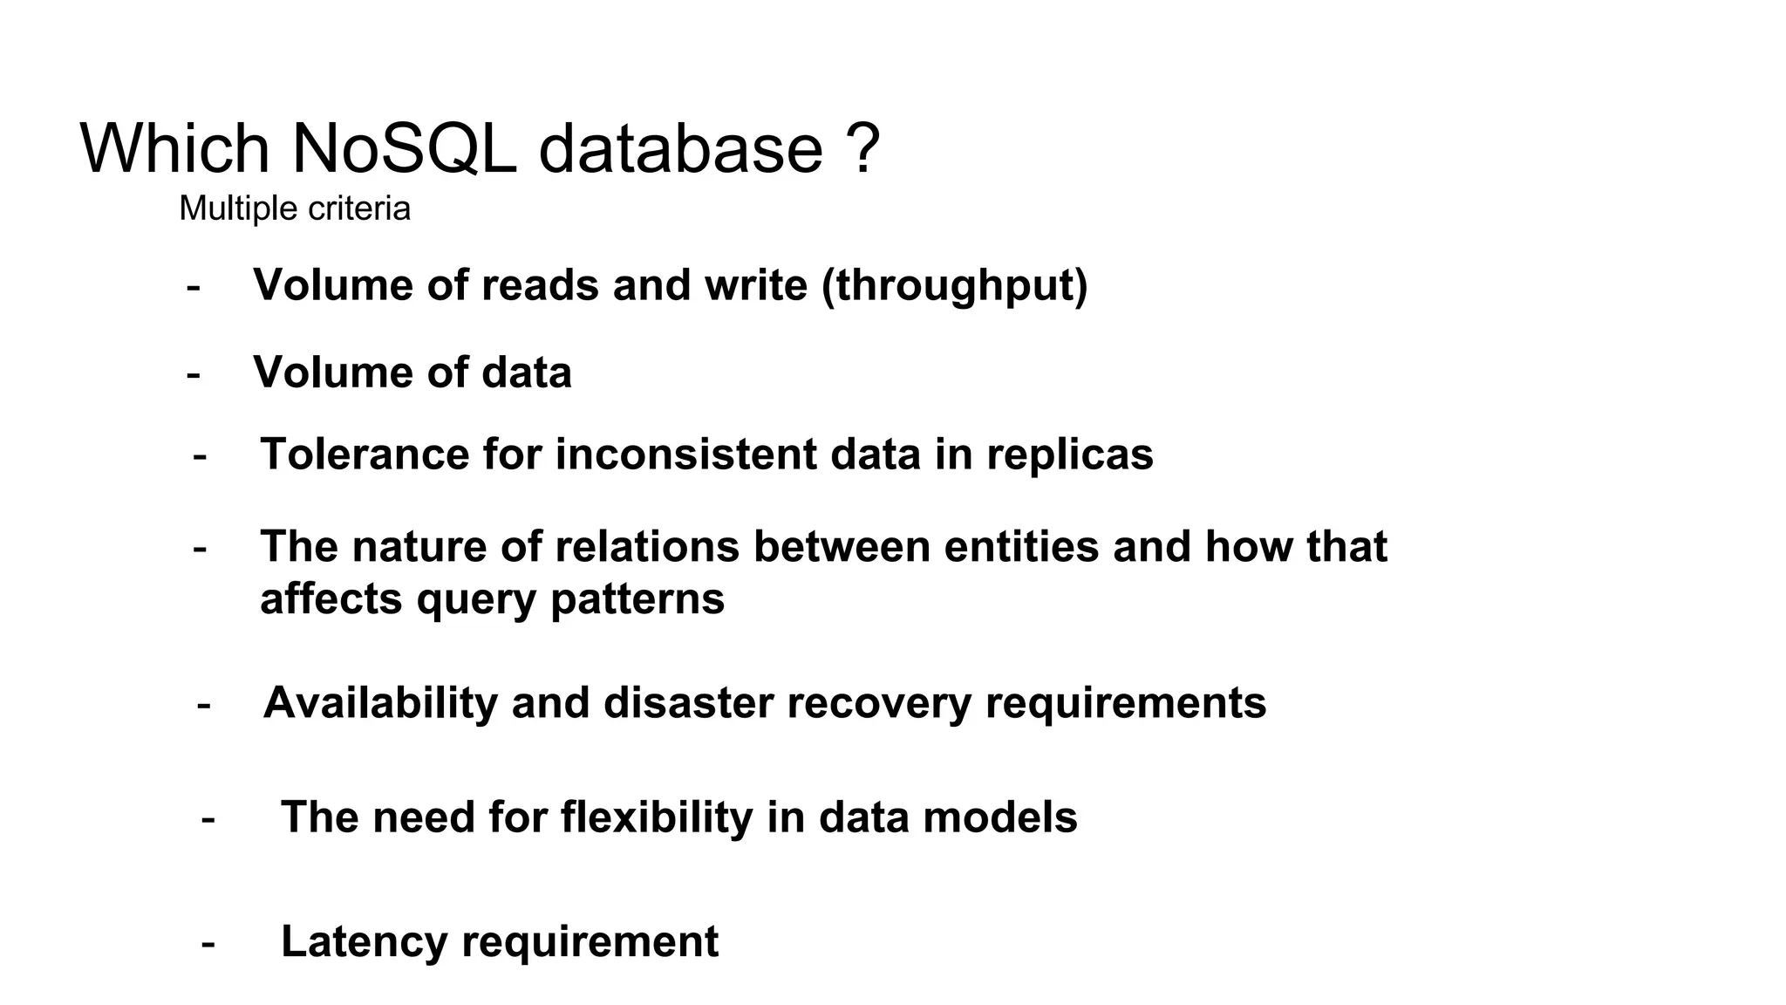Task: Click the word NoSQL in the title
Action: click(x=403, y=148)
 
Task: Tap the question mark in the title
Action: click(x=862, y=148)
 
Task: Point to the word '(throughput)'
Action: click(x=955, y=285)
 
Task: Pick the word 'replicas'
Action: click(x=1070, y=455)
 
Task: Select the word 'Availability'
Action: click(x=380, y=703)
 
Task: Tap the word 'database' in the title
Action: click(x=680, y=148)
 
